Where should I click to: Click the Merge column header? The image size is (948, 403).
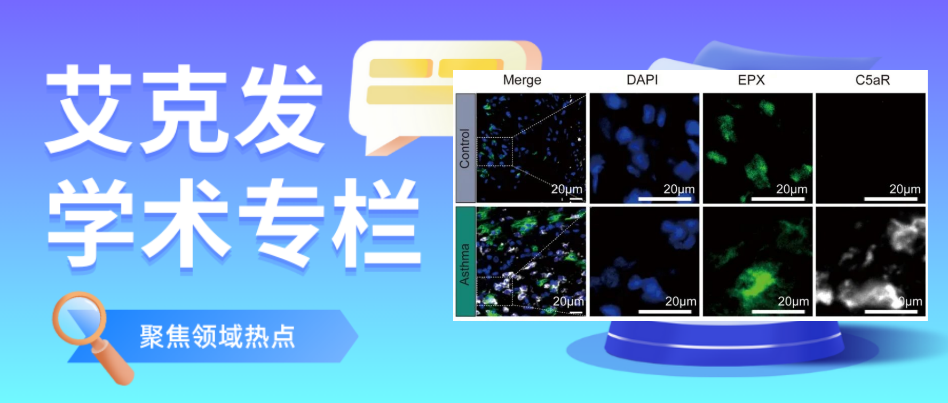(522, 80)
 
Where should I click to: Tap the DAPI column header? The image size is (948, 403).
(642, 80)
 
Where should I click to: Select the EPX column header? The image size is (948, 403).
(751, 80)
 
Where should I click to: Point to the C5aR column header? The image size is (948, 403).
(872, 80)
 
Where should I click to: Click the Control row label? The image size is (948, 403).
(465, 148)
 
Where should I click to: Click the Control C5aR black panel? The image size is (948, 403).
(871, 148)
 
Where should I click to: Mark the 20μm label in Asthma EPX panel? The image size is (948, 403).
(793, 302)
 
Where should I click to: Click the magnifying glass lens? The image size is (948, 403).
(80, 319)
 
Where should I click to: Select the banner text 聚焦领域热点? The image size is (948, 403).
(217, 336)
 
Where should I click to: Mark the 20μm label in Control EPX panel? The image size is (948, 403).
(791, 189)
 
